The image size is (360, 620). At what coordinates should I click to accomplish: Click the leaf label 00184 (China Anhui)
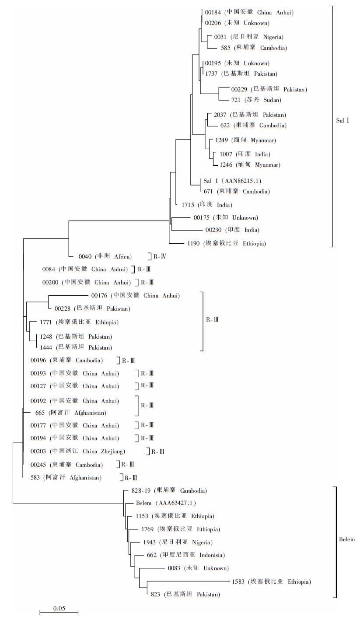coord(249,12)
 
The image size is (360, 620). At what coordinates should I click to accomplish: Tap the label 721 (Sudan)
coord(256,100)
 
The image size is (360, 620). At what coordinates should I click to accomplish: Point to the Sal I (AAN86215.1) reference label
coord(232,181)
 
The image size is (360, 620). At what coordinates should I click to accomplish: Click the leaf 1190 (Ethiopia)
coord(226,243)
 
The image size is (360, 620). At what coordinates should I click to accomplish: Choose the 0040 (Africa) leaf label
coord(105,256)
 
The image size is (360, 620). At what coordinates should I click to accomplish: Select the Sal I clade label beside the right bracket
coord(343,120)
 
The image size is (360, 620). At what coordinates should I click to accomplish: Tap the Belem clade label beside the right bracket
coord(347,539)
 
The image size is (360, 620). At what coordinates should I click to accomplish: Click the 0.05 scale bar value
coord(59,608)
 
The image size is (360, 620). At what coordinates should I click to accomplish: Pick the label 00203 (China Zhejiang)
coord(78,452)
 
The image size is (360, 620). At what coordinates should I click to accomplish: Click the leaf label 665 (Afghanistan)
coord(71,413)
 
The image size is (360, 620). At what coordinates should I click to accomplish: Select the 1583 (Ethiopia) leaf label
coord(272,581)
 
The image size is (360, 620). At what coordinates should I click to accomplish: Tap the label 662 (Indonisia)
coord(185,555)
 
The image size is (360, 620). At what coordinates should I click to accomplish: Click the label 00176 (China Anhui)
coord(136,296)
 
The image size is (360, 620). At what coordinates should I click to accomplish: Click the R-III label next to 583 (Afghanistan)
coord(131,478)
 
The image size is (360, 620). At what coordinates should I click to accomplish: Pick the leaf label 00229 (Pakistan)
coord(269,89)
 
